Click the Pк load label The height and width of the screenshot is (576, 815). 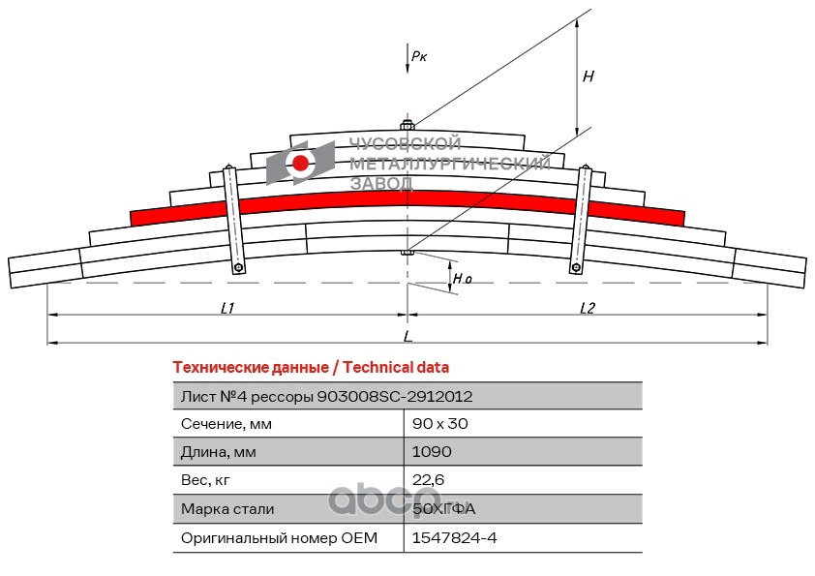click(419, 56)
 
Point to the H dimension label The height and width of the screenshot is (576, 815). click(588, 76)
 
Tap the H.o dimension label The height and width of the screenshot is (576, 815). click(463, 279)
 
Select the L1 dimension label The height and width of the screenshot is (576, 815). click(227, 308)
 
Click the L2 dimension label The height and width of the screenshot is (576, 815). click(588, 308)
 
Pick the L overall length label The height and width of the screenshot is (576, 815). click(407, 336)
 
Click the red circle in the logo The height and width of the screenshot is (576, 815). click(301, 163)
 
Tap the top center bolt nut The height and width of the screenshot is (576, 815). click(407, 125)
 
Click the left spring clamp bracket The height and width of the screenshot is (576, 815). click(233, 221)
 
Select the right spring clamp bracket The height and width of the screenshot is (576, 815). click(582, 221)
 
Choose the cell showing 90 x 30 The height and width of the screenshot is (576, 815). click(439, 424)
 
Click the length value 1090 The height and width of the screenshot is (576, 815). click(432, 452)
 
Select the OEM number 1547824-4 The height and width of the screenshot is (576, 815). click(454, 537)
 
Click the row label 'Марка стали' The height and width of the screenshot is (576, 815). click(227, 509)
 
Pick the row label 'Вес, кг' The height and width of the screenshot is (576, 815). click(206, 480)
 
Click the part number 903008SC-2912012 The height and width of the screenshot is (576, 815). click(395, 396)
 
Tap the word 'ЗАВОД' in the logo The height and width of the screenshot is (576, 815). click(380, 183)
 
